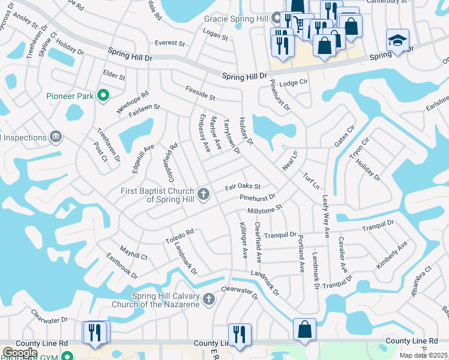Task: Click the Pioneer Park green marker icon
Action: (103, 95)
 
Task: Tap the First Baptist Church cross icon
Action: (204, 194)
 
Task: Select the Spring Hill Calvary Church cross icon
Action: (208, 299)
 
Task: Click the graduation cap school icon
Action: (397, 40)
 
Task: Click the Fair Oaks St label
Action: (243, 187)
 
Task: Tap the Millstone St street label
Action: (265, 210)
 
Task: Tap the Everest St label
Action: (169, 43)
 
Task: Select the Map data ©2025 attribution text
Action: (424, 355)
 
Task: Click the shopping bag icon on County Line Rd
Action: (304, 329)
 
